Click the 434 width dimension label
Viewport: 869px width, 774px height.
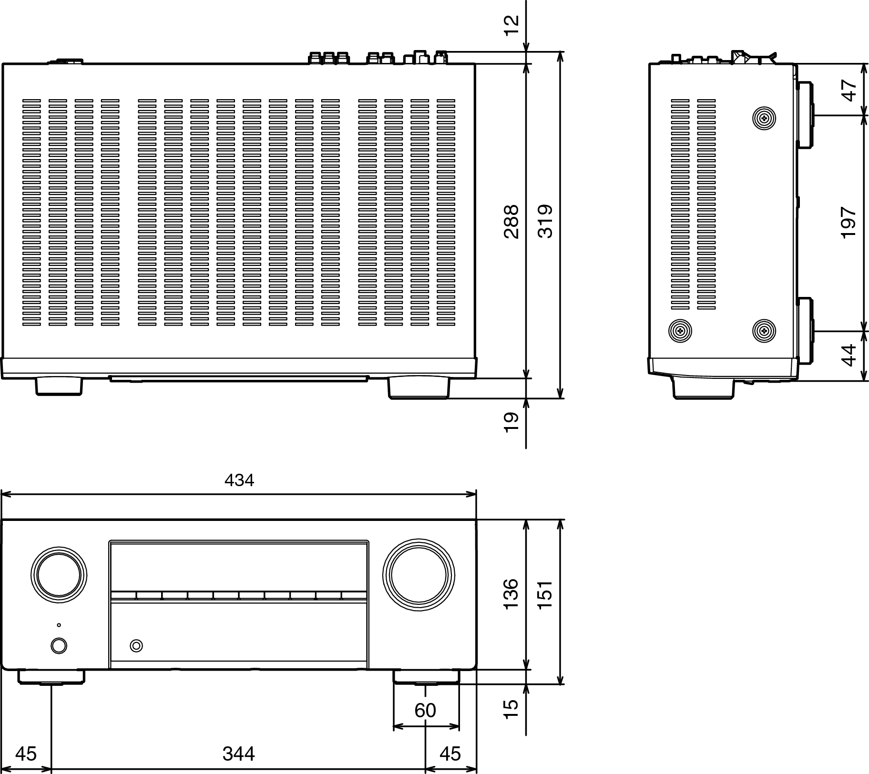tap(239, 480)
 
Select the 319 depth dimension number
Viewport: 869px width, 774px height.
tap(545, 221)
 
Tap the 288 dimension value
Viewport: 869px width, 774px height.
tap(511, 221)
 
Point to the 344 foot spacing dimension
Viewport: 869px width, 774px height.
tap(238, 754)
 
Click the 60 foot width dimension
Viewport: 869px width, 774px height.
tap(425, 710)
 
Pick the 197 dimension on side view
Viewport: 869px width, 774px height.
tap(849, 223)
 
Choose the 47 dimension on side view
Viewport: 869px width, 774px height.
tap(849, 90)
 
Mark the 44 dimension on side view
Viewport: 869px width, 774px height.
tap(849, 355)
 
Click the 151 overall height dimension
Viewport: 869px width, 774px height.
tap(545, 593)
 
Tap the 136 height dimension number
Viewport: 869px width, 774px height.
tap(511, 593)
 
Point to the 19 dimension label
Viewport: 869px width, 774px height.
tap(511, 422)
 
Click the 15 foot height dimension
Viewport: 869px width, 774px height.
tap(511, 709)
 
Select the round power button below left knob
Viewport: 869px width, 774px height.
tap(59, 646)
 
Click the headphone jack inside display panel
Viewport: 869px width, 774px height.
tap(136, 646)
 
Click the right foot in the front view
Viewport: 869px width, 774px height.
tap(426, 677)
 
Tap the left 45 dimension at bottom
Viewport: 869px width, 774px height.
tap(26, 754)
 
